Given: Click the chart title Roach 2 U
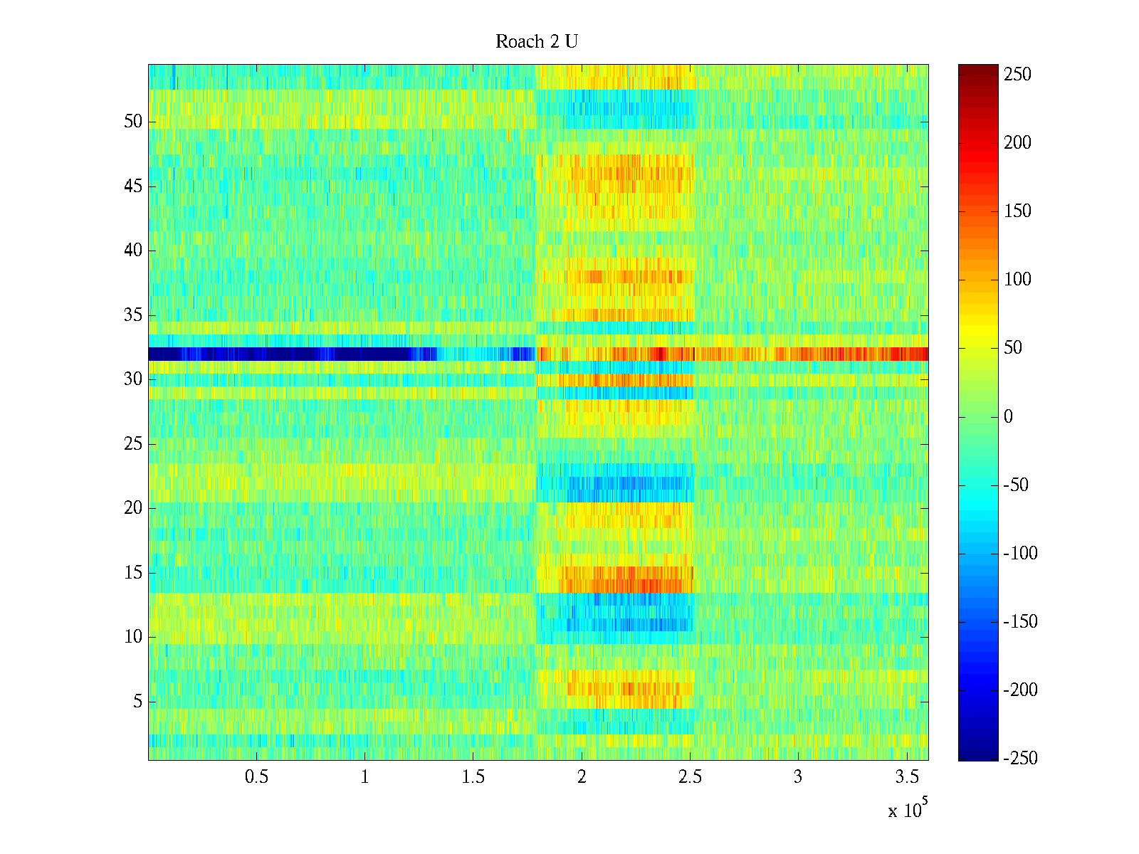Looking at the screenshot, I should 536,42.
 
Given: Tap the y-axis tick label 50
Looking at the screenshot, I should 133,122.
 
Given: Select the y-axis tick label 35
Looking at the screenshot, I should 133,315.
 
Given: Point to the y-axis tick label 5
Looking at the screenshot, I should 137,702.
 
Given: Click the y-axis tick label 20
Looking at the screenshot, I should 133,508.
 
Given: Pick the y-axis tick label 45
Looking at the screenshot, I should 133,186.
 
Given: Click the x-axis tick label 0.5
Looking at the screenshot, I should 256,777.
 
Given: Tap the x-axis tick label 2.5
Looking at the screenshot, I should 690,777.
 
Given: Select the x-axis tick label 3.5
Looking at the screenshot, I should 906,777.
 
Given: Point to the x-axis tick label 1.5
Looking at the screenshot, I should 473,777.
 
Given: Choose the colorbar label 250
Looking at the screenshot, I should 1017,75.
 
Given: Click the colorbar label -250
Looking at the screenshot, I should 1020,759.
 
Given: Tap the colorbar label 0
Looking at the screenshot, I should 1008,417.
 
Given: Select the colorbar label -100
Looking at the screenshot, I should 1020,554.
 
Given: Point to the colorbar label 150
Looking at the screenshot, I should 1017,211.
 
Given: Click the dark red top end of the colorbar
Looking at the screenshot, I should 978,68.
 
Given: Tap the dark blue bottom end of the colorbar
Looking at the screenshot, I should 978,756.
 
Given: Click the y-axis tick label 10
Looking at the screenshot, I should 133,637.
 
